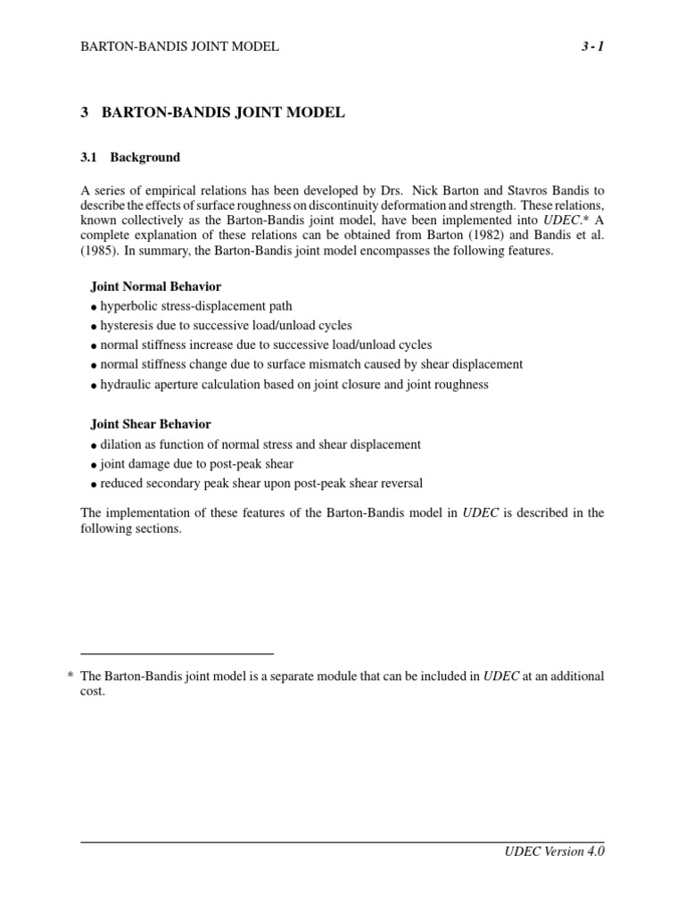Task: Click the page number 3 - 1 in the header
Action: pos(590,46)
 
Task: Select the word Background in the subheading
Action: pos(145,157)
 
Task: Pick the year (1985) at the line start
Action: pos(100,251)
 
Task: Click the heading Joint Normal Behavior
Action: pos(156,287)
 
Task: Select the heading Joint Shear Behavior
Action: pos(151,424)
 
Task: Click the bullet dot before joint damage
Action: pos(94,465)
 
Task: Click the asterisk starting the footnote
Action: pos(70,677)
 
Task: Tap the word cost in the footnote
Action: pos(92,692)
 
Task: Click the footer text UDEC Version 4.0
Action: pos(555,852)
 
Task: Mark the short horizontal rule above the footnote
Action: pos(177,653)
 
